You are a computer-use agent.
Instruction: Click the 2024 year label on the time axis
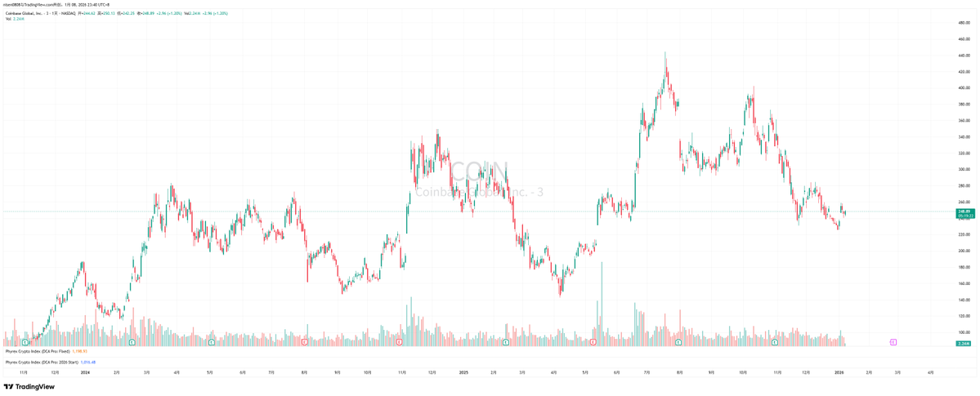pyautogui.click(x=85, y=372)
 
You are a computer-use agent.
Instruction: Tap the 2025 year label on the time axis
pyautogui.click(x=463, y=372)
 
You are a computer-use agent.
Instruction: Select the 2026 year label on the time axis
pyautogui.click(x=839, y=372)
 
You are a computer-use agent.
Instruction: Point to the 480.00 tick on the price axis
pyautogui.click(x=964, y=23)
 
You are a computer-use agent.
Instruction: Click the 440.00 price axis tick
pyautogui.click(x=964, y=56)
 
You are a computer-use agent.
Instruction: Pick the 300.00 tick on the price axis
pyautogui.click(x=964, y=169)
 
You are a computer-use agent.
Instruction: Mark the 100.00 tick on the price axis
pyautogui.click(x=964, y=332)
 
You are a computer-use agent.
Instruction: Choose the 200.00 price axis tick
pyautogui.click(x=964, y=251)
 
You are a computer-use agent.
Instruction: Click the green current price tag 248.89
pyautogui.click(x=964, y=211)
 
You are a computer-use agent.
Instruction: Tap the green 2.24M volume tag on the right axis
pyautogui.click(x=964, y=344)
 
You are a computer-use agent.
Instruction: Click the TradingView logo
pyautogui.click(x=29, y=387)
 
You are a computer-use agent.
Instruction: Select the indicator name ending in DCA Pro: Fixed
pyautogui.click(x=38, y=351)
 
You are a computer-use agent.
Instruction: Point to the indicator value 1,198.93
pyautogui.click(x=79, y=351)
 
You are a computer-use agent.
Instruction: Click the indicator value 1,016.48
pyautogui.click(x=87, y=362)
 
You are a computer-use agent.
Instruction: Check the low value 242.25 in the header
pyautogui.click(x=129, y=13)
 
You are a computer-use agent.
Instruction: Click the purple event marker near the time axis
pyautogui.click(x=893, y=342)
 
